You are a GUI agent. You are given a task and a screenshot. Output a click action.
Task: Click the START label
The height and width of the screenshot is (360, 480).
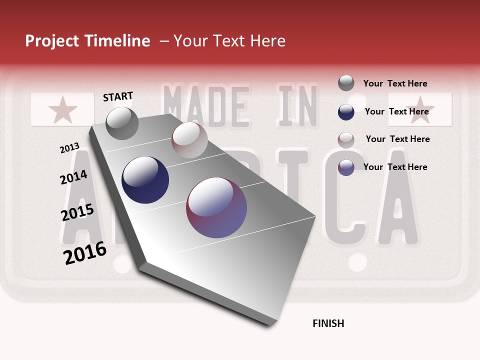(118, 96)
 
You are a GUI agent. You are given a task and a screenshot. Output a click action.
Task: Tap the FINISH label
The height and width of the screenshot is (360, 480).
(328, 323)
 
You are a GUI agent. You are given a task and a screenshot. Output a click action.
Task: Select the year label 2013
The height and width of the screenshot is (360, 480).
(69, 148)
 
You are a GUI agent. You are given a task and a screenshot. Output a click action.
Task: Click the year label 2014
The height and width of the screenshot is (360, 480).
(73, 177)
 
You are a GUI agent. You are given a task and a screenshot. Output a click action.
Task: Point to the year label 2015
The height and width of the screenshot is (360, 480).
(77, 212)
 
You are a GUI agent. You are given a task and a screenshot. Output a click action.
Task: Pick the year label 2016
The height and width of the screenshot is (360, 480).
(85, 252)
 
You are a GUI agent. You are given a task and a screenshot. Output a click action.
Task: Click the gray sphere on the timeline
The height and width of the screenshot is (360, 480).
(122, 123)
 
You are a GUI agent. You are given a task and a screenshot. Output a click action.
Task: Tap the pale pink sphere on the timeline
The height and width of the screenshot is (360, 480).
(189, 140)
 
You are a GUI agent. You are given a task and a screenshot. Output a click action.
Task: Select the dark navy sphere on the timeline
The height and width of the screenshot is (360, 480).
(145, 180)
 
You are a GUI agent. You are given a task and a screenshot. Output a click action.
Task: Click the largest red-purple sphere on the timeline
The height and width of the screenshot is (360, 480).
(216, 207)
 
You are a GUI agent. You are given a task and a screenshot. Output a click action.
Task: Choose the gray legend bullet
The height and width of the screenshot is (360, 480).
(346, 83)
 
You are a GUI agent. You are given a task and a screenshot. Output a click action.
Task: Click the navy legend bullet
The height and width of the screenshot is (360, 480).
(346, 112)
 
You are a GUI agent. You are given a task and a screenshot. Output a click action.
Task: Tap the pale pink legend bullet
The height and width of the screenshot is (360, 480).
(346, 139)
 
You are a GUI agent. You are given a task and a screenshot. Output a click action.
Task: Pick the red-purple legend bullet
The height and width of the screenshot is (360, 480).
(346, 167)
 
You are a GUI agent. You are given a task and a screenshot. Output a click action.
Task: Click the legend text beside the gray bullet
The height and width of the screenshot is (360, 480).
(395, 83)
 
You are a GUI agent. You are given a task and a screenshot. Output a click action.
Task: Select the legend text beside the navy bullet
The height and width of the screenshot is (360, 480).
(396, 111)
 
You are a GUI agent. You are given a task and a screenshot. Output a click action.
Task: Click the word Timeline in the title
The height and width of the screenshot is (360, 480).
(117, 41)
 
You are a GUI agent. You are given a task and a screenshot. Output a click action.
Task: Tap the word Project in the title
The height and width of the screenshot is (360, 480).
(52, 41)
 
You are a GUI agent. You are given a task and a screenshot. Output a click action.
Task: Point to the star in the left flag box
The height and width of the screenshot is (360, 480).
(62, 110)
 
